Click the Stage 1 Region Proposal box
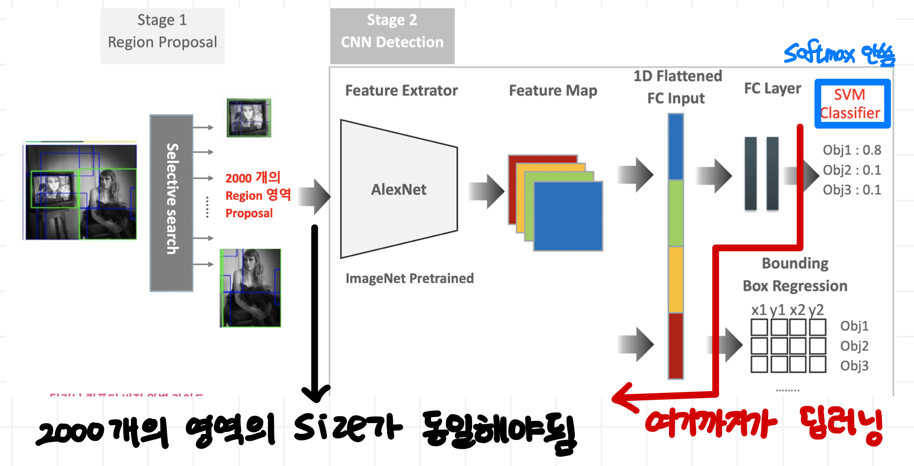(162, 35)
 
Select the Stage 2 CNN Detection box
(392, 35)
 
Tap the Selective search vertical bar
(171, 203)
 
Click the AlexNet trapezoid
(398, 189)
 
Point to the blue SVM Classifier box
(852, 103)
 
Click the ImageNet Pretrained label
(409, 278)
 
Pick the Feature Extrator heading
(401, 90)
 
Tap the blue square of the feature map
(568, 216)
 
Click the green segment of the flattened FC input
(675, 212)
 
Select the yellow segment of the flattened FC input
(675, 279)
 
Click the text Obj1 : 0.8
(852, 150)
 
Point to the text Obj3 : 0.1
(852, 190)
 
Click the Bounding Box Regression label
(795, 274)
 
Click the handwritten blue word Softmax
(819, 53)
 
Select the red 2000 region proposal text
(258, 195)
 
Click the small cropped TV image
(249, 117)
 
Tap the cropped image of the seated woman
(251, 288)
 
